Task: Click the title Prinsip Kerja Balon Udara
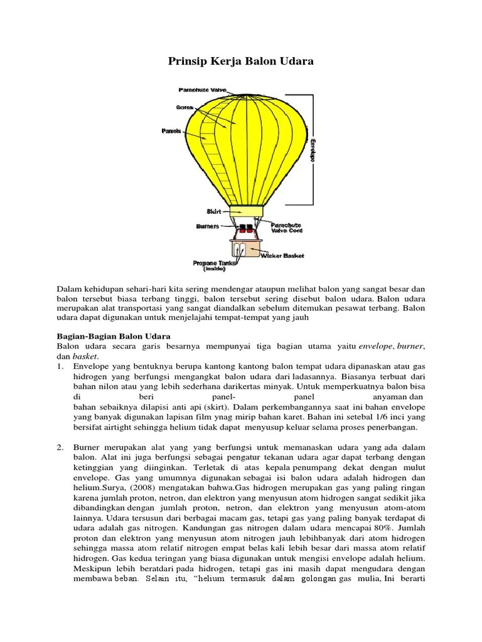coord(241,61)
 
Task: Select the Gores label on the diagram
coord(184,107)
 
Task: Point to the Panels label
coord(171,131)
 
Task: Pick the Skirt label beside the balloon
coord(215,211)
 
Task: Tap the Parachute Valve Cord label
coord(286,228)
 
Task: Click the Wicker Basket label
coord(286,256)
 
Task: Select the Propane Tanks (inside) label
coord(214,266)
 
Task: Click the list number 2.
coord(60,447)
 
